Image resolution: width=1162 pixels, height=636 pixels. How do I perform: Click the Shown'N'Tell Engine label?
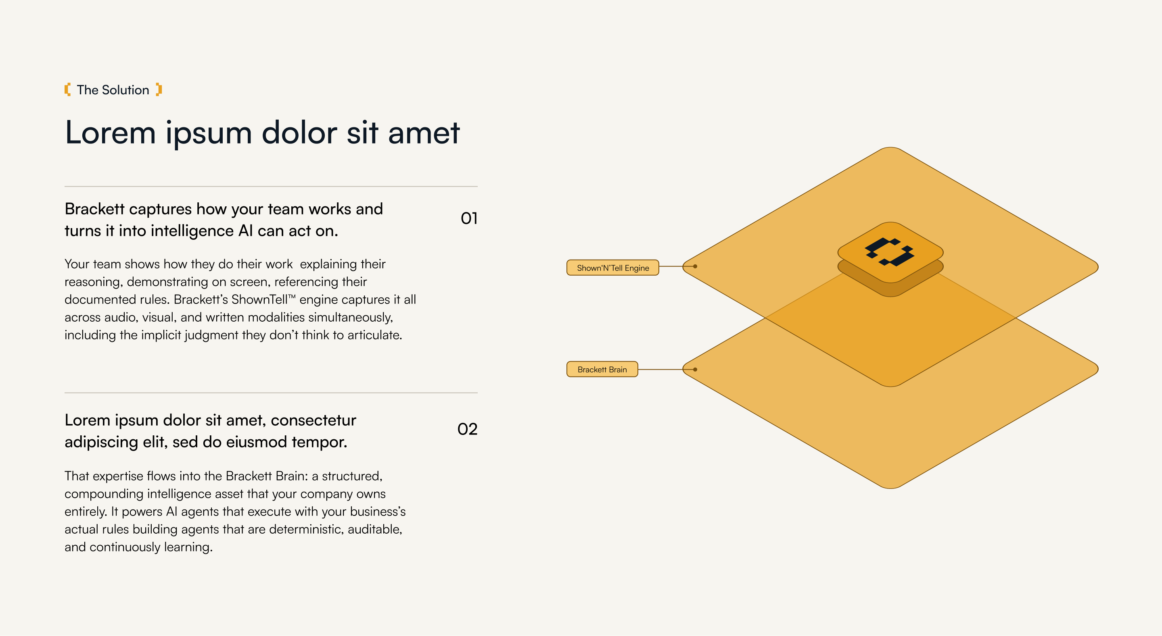pyautogui.click(x=612, y=268)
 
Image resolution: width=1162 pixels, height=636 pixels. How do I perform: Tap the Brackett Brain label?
pyautogui.click(x=602, y=369)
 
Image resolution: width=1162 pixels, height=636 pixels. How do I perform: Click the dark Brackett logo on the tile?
pyautogui.click(x=890, y=251)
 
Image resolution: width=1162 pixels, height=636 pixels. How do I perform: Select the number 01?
pyautogui.click(x=469, y=218)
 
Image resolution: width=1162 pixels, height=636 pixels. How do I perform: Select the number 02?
pyautogui.click(x=467, y=429)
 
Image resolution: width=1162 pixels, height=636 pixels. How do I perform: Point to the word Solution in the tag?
pyautogui.click(x=125, y=90)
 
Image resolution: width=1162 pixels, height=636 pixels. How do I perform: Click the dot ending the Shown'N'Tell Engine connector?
pyautogui.click(x=695, y=266)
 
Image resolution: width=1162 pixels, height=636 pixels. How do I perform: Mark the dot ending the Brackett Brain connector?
pyautogui.click(x=695, y=369)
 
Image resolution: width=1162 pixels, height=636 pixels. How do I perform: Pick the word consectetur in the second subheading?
pyautogui.click(x=313, y=420)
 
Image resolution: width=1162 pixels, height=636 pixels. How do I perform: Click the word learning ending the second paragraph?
pyautogui.click(x=188, y=547)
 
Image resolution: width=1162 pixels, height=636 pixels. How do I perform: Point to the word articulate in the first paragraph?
pyautogui.click(x=374, y=335)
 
